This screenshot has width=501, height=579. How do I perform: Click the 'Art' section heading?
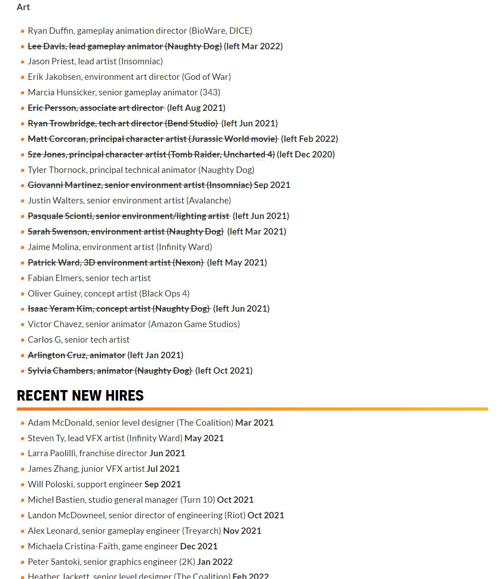23,7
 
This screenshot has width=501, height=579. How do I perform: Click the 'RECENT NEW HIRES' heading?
80,395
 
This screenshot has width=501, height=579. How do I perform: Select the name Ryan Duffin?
50,31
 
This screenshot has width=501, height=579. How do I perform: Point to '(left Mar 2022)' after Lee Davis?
253,46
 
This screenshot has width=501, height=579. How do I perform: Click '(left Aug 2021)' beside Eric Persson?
196,108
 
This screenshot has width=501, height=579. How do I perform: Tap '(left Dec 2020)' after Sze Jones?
305,154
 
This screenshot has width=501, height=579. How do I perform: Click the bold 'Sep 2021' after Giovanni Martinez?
272,185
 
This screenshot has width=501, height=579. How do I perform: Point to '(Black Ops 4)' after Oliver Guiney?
164,293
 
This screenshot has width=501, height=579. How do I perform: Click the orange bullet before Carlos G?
22,340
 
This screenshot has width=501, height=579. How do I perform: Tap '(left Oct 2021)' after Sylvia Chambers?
224,370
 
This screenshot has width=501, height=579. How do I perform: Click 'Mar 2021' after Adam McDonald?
254,423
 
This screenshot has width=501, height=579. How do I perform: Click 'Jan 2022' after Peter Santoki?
215,562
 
